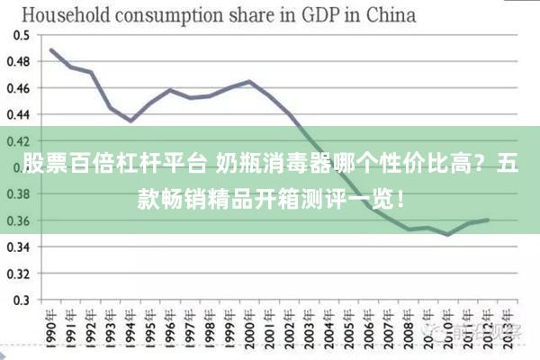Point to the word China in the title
click(x=389, y=14)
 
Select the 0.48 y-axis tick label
click(x=19, y=62)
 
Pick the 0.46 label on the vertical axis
click(x=19, y=88)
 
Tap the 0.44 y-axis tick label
click(x=19, y=114)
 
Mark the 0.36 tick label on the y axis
click(x=19, y=220)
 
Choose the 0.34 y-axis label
click(x=19, y=247)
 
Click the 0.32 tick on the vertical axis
click(x=19, y=274)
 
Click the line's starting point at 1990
click(x=51, y=49)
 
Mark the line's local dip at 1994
click(x=130, y=121)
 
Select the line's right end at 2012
click(x=487, y=220)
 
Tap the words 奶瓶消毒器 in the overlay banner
click(x=258, y=166)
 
